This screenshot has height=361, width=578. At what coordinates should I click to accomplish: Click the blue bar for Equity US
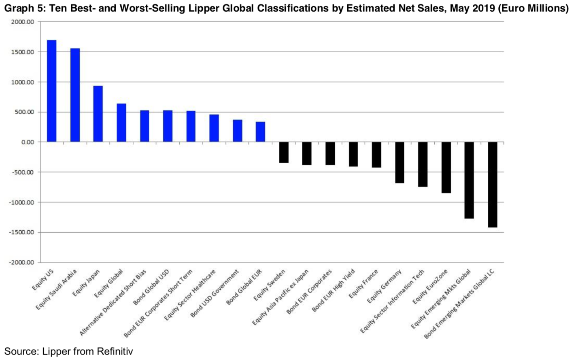click(x=51, y=91)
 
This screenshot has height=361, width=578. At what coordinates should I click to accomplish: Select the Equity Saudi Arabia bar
click(x=75, y=95)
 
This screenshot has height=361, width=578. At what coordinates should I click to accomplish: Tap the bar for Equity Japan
click(x=98, y=114)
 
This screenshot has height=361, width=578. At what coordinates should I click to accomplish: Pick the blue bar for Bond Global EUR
click(x=260, y=132)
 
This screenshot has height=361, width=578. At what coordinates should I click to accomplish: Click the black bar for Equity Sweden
click(x=284, y=152)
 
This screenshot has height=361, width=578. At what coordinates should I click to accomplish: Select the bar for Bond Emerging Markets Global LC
click(x=492, y=185)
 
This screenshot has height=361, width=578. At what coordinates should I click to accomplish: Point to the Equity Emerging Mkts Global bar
click(x=469, y=180)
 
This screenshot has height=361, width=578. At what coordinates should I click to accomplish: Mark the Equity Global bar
click(x=121, y=123)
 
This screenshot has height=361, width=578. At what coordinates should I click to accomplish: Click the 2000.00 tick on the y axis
click(x=23, y=22)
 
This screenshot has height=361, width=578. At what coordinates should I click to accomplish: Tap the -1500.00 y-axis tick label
click(x=21, y=232)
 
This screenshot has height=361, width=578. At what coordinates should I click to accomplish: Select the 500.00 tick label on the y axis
click(x=25, y=112)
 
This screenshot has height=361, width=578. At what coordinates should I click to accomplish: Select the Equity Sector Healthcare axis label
click(x=191, y=295)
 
